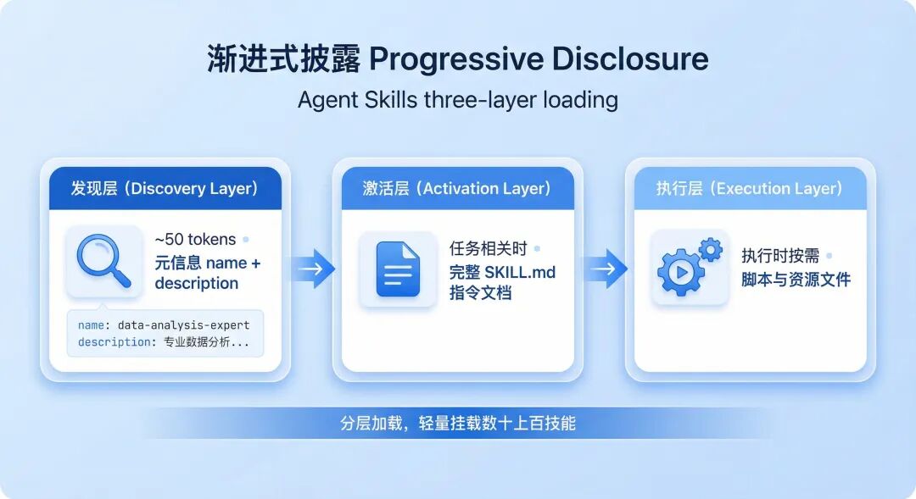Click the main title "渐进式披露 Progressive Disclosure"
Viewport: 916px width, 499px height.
point(458,59)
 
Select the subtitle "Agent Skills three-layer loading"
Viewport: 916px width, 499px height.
point(458,100)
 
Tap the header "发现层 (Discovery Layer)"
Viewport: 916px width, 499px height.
point(165,188)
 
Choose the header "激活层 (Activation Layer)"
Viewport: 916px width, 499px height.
point(457,188)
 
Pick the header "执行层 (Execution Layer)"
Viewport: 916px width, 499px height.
point(750,188)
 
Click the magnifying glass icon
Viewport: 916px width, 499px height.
point(104,261)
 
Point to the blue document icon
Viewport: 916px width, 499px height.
point(398,269)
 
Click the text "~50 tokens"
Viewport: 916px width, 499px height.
point(195,240)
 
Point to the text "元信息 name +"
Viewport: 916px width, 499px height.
point(208,263)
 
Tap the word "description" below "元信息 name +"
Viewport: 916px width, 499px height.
point(197,284)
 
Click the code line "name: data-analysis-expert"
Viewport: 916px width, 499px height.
point(164,325)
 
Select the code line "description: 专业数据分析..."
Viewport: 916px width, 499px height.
point(164,342)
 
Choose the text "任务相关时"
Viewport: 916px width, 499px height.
point(489,249)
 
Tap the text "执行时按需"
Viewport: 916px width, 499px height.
point(781,256)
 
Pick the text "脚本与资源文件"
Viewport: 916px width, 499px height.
point(796,280)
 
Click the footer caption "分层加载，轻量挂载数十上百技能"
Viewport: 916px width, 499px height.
point(458,423)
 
